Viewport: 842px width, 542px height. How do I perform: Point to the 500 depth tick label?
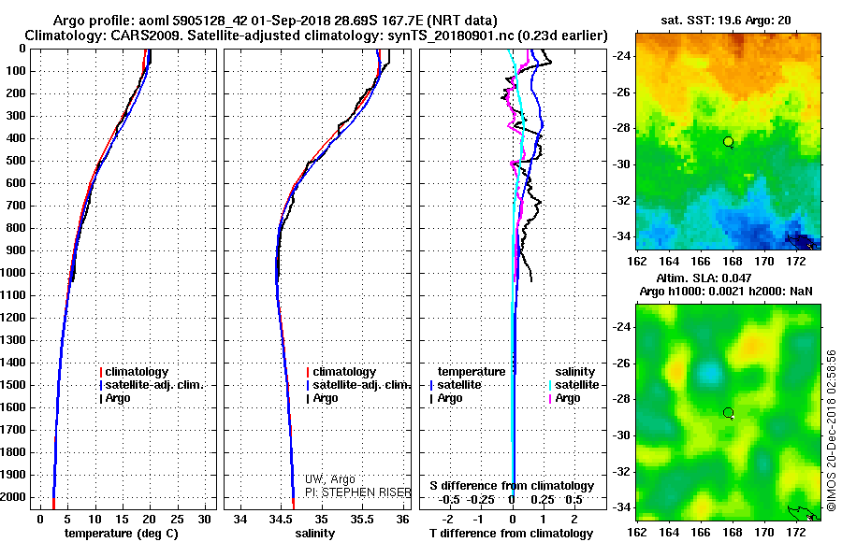pos(16,161)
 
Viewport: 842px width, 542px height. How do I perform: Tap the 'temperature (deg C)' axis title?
pos(121,534)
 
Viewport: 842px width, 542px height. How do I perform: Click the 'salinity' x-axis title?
pos(314,534)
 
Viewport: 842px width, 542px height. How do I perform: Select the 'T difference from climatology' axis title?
pos(511,534)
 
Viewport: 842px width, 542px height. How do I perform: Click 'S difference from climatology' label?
pos(512,486)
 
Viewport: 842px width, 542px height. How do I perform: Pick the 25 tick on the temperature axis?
pos(177,520)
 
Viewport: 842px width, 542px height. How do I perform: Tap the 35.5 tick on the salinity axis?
pos(362,520)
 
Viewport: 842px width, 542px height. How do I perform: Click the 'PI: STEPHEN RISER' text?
pos(357,492)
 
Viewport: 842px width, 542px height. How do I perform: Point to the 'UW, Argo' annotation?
pos(329,479)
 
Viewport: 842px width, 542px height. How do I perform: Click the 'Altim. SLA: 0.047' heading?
pos(704,278)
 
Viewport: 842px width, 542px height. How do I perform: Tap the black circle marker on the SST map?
pos(728,142)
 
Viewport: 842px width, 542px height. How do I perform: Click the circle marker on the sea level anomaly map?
pos(728,413)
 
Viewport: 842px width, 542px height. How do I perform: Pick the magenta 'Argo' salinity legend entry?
pos(564,398)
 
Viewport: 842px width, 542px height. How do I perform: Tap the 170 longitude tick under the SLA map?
pos(764,533)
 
